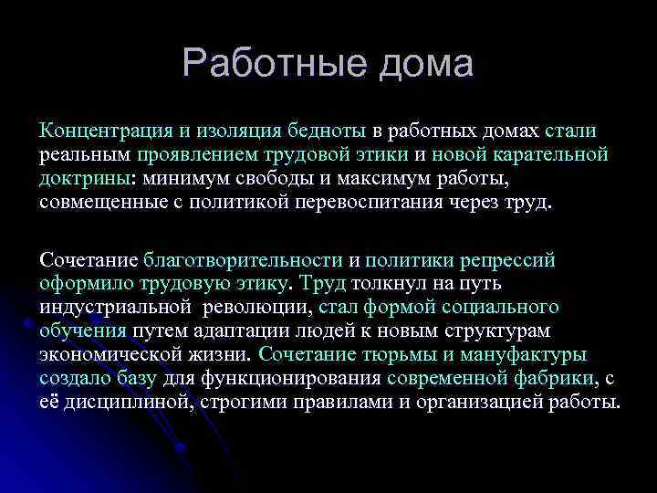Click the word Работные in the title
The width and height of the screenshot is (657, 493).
(x=265, y=64)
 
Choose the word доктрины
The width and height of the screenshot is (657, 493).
(x=85, y=177)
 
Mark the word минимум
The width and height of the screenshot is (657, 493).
(x=180, y=177)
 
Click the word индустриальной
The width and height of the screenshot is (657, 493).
(x=114, y=308)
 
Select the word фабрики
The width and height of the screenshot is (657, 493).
(x=557, y=378)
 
